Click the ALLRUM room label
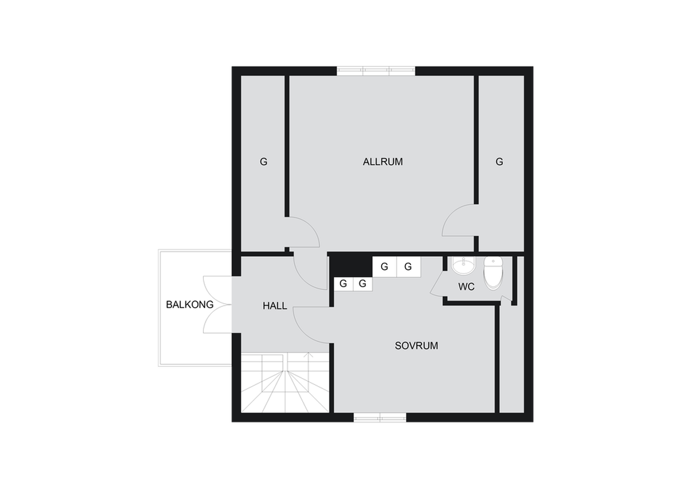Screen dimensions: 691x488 pyautogui.click(x=382, y=162)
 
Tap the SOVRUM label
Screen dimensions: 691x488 pyautogui.click(x=416, y=346)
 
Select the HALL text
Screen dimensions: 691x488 pyautogui.click(x=275, y=306)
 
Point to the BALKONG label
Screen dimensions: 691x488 pyautogui.click(x=189, y=304)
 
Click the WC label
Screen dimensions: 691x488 pyautogui.click(x=466, y=287)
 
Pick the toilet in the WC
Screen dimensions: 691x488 pyautogui.click(x=493, y=273)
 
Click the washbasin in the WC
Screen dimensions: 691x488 pyautogui.click(x=464, y=266)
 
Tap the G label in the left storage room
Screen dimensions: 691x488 pyautogui.click(x=264, y=162)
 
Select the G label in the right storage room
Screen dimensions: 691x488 pyautogui.click(x=499, y=162)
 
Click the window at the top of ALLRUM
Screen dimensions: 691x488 pyautogui.click(x=375, y=71)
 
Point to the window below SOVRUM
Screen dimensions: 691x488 pyautogui.click(x=379, y=418)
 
